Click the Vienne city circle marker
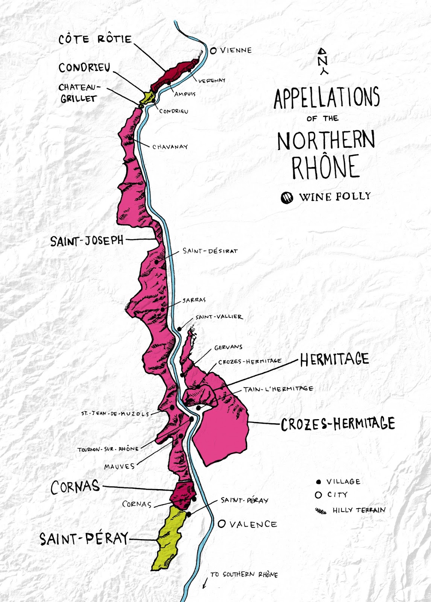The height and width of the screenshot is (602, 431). [x=213, y=50]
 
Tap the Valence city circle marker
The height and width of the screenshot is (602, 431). [x=222, y=523]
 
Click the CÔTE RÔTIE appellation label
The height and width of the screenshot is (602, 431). [x=95, y=39]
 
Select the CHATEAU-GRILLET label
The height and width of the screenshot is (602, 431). [x=79, y=93]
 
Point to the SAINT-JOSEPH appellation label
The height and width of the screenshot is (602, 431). [x=87, y=241]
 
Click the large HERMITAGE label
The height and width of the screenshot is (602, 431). [x=334, y=359]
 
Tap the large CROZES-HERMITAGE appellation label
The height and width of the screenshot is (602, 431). [x=338, y=424]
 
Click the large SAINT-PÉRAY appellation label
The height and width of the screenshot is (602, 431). [x=84, y=539]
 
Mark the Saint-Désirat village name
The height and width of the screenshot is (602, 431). [x=210, y=251]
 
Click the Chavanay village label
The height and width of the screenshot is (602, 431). [x=170, y=147]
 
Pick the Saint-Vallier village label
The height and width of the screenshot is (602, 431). [x=219, y=317]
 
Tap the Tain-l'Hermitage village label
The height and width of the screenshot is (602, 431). [x=278, y=389]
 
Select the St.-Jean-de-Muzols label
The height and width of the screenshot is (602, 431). [x=115, y=413]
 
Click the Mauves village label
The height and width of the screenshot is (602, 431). [x=119, y=467]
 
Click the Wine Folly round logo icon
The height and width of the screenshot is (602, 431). [x=287, y=197]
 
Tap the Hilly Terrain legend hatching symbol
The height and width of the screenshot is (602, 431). [x=321, y=511]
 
